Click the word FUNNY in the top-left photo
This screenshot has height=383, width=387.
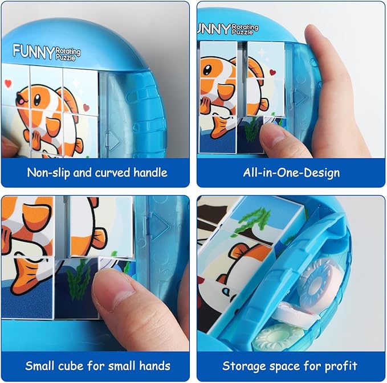tap(33, 50)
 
